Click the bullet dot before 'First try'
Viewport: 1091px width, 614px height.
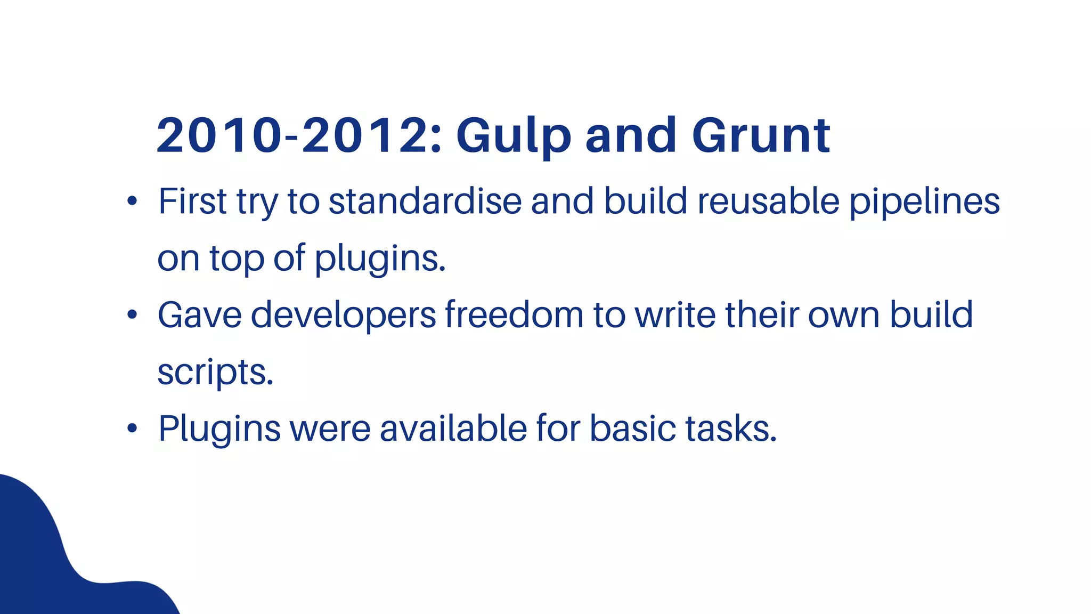tap(132, 201)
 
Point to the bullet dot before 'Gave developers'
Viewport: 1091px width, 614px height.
tap(132, 315)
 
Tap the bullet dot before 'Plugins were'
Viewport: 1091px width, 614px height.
tap(132, 429)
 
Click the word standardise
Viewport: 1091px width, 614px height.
tap(425, 201)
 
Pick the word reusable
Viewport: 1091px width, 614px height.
tap(768, 201)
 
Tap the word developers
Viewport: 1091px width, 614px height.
tap(343, 316)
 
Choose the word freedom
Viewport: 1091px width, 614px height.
tap(514, 314)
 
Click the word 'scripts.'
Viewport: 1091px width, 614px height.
tap(215, 372)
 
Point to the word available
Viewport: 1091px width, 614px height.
tap(453, 429)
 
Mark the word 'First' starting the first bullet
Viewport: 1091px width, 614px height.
tap(193, 201)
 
